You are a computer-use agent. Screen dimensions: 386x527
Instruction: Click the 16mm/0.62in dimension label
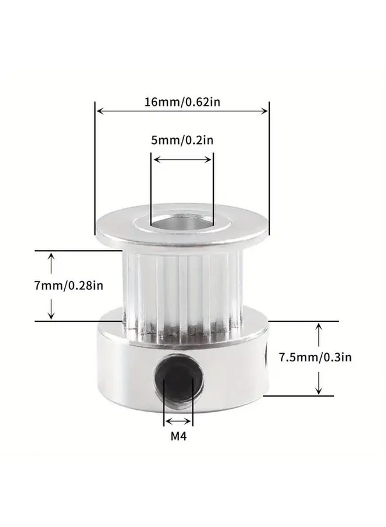point(182,101)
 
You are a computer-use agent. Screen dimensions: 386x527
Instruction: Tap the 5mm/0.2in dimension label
point(182,140)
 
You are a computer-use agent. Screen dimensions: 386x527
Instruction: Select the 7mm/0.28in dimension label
point(68,285)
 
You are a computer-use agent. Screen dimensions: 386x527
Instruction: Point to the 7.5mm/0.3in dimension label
point(315,357)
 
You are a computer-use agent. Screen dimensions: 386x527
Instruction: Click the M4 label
point(178,436)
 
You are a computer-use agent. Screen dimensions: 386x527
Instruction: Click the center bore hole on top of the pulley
point(182,222)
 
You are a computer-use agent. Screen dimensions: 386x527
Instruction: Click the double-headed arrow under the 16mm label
point(182,111)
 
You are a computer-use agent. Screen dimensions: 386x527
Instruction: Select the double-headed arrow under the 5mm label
point(182,159)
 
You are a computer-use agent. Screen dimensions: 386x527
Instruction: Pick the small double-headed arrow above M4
point(178,421)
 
